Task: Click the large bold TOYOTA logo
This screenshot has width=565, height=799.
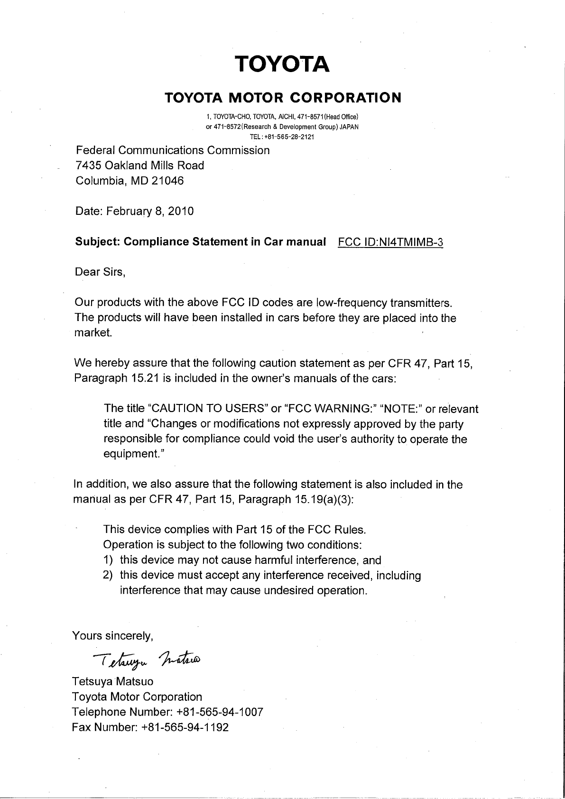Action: (x=283, y=64)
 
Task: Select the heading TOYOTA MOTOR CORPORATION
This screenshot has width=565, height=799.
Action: (x=283, y=98)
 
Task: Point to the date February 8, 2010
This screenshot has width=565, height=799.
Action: (x=150, y=211)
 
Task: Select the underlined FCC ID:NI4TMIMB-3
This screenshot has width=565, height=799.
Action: (x=390, y=242)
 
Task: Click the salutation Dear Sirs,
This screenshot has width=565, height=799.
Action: (x=100, y=272)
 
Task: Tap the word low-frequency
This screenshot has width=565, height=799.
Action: (x=351, y=303)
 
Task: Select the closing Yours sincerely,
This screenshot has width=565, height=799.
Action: (x=112, y=635)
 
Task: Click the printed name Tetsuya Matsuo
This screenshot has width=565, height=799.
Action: (x=112, y=681)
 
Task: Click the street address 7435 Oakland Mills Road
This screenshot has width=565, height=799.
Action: (x=140, y=165)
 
